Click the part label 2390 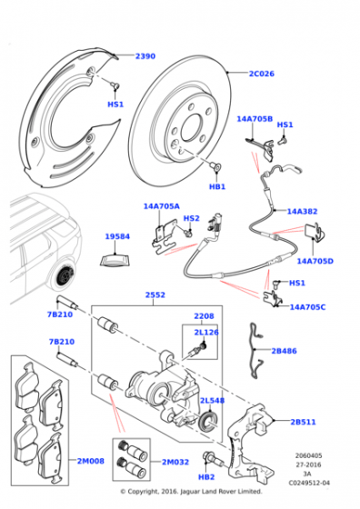(x=145, y=57)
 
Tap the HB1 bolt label (x=217, y=187)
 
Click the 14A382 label (x=302, y=211)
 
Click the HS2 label (x=191, y=218)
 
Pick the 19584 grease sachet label (x=117, y=236)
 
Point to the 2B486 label (x=283, y=349)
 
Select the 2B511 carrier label (x=304, y=422)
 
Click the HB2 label (x=206, y=475)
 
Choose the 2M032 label (x=175, y=462)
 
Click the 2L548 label (x=213, y=400)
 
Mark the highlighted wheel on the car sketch (x=64, y=274)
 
